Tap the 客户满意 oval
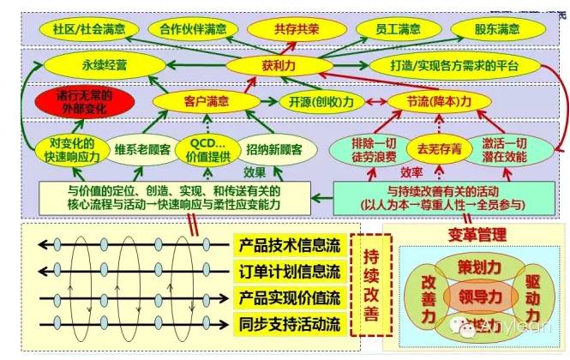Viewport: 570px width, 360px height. point(207,101)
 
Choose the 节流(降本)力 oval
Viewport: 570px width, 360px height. point(441,101)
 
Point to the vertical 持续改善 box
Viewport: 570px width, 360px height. point(372,286)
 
